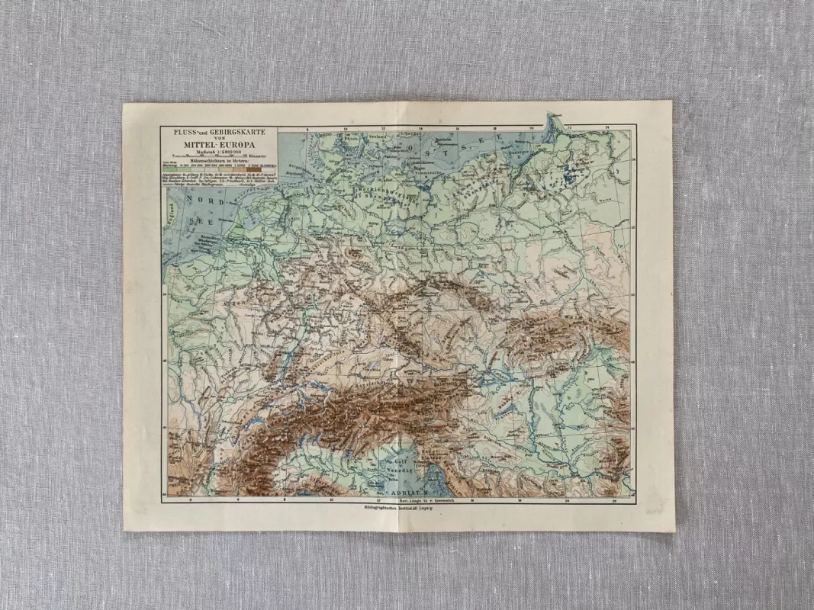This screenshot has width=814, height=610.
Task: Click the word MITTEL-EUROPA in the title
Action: point(219,145)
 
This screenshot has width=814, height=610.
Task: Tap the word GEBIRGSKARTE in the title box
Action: point(236,132)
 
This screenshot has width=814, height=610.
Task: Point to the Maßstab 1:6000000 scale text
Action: point(219,152)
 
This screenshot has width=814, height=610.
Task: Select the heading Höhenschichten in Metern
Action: point(219,162)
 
